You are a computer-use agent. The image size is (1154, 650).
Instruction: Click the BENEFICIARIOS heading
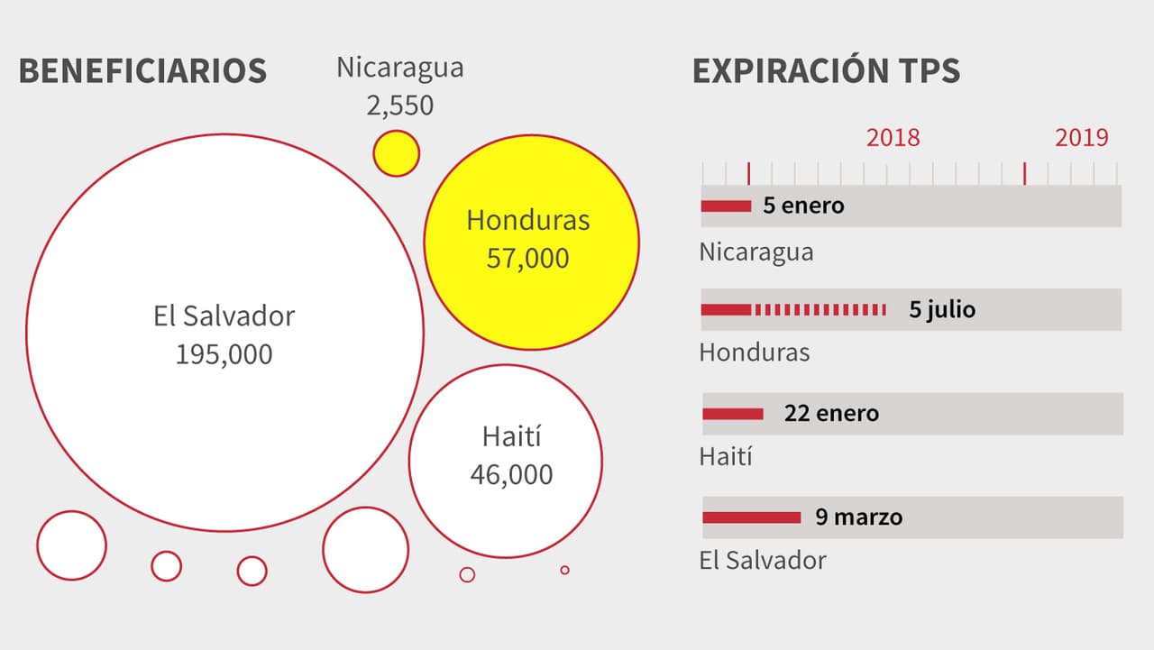142,70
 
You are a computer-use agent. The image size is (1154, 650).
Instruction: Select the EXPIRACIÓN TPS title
826,70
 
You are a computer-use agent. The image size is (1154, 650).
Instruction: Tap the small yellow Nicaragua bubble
396,153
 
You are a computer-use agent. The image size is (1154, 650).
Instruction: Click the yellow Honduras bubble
531,242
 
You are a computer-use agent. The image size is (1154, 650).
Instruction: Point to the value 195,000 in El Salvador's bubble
224,354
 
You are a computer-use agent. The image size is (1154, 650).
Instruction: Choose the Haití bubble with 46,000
505,461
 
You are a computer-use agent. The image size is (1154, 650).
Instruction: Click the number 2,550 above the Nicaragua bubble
399,105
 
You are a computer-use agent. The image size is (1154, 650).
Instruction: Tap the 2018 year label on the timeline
893,137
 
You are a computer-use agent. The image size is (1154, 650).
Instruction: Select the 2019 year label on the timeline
1081,137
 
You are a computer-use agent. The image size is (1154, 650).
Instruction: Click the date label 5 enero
803,206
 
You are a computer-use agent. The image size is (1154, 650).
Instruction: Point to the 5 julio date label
942,310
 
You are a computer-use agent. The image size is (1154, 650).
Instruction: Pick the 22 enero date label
830,414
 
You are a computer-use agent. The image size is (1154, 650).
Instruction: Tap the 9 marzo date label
858,517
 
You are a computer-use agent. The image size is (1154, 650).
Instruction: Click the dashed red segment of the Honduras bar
820,310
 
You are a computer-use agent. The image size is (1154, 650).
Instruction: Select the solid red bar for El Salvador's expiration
751,517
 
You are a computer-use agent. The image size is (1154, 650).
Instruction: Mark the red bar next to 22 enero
732,414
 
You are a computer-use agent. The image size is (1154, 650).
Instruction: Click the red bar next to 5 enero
726,206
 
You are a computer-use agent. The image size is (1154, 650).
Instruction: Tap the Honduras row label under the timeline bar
755,352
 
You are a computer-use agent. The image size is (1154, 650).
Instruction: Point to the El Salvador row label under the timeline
763,560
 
